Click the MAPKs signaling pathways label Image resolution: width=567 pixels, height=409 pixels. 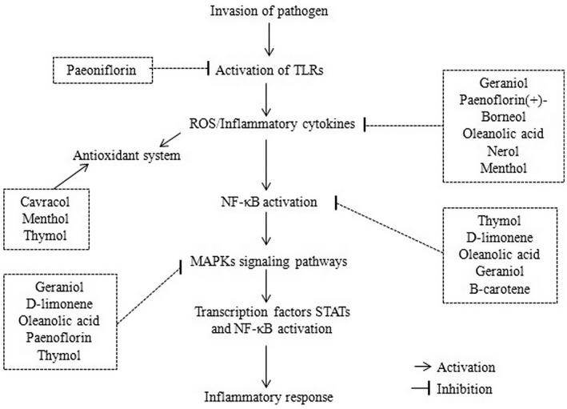[270, 262]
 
